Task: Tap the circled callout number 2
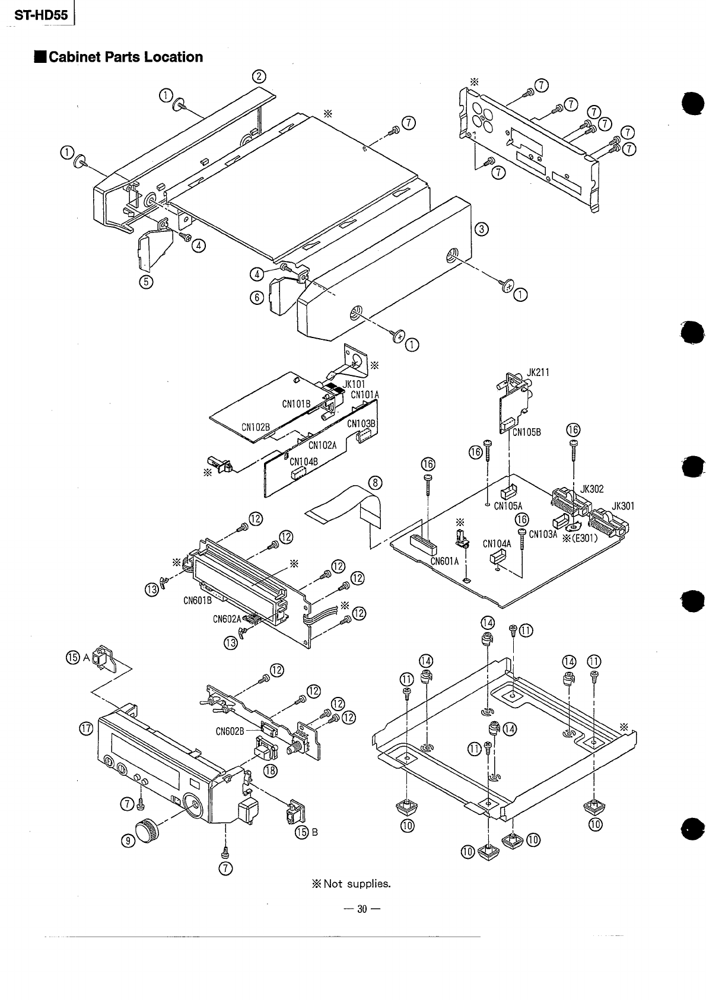pyautogui.click(x=259, y=76)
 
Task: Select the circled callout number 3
pyautogui.click(x=482, y=230)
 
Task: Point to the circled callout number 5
pyautogui.click(x=145, y=282)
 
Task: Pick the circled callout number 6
pyautogui.click(x=257, y=297)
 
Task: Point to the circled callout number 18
pyautogui.click(x=271, y=770)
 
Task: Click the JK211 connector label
pyautogui.click(x=538, y=372)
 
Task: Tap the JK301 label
pyautogui.click(x=623, y=506)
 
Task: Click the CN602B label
pyautogui.click(x=230, y=731)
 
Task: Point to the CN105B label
pyautogui.click(x=527, y=432)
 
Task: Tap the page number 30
pyautogui.click(x=361, y=909)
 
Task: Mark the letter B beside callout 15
pyautogui.click(x=315, y=832)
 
